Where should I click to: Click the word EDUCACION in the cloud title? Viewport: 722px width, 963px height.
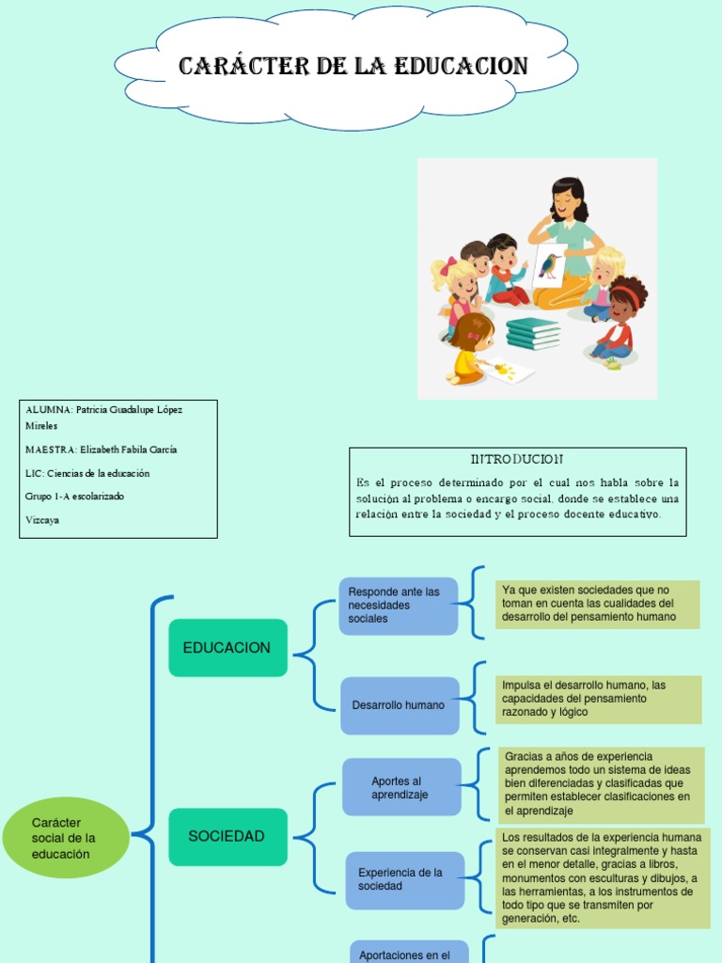coord(461,67)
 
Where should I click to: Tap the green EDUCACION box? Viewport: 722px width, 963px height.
coord(228,648)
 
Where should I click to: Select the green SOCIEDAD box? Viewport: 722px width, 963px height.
coord(228,836)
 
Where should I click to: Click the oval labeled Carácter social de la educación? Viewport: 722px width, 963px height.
coord(65,837)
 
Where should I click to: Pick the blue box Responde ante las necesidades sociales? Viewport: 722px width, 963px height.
coord(398,606)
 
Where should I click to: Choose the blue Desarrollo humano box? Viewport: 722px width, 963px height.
coord(400,705)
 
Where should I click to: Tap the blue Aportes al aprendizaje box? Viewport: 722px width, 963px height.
coord(401,788)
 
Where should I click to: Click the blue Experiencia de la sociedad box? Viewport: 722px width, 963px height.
coord(404,880)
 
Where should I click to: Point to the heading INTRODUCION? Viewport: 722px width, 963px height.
coord(517,459)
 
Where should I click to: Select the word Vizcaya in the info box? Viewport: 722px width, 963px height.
coord(42,519)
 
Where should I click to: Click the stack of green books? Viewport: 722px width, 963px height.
coord(532,332)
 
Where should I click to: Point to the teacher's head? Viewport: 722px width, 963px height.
coord(567,198)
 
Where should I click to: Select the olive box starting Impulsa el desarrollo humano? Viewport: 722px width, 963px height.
coord(598,699)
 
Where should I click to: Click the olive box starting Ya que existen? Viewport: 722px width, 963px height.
coord(597,604)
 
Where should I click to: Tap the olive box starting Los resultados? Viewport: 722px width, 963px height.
coord(602,877)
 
